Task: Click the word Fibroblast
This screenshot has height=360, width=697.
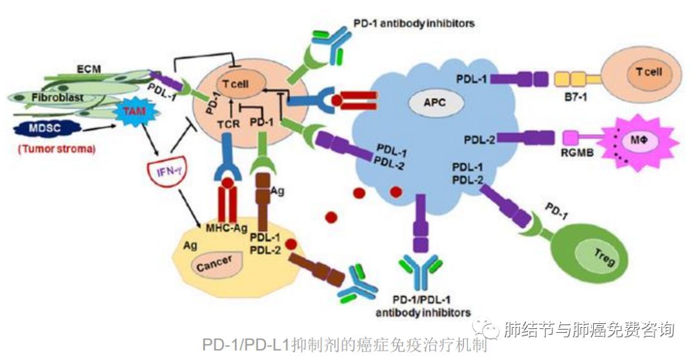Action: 50,97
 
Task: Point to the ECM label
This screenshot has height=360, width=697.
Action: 83,66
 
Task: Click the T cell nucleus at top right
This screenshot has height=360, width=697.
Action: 647,72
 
